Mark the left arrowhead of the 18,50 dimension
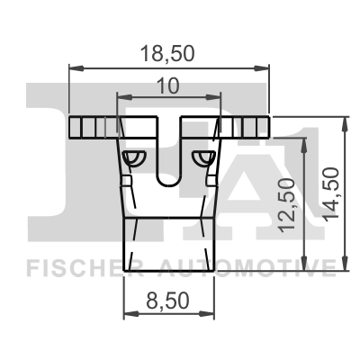pos(75,67)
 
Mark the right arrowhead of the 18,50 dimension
pos(265,67)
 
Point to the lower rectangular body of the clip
pos(168,243)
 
